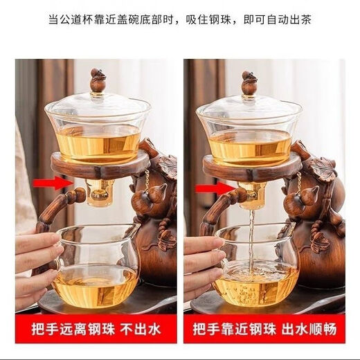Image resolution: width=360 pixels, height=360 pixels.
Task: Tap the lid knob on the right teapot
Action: click(249, 82)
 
